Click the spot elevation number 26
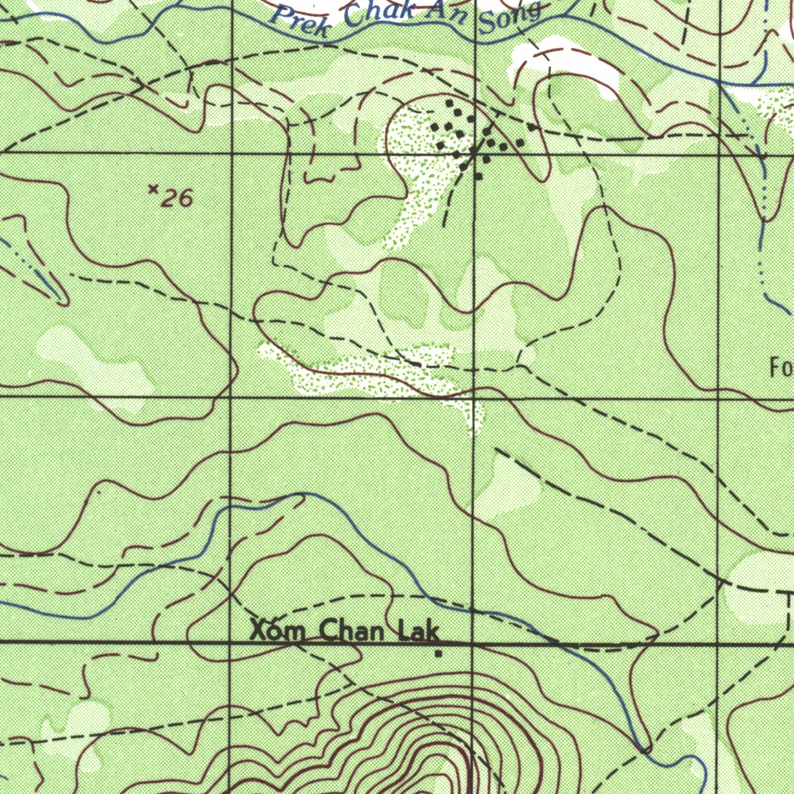coord(177,199)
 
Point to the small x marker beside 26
coord(154,188)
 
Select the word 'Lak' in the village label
coord(418,631)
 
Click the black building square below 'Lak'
coord(438,654)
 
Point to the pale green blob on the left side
coord(93,361)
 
